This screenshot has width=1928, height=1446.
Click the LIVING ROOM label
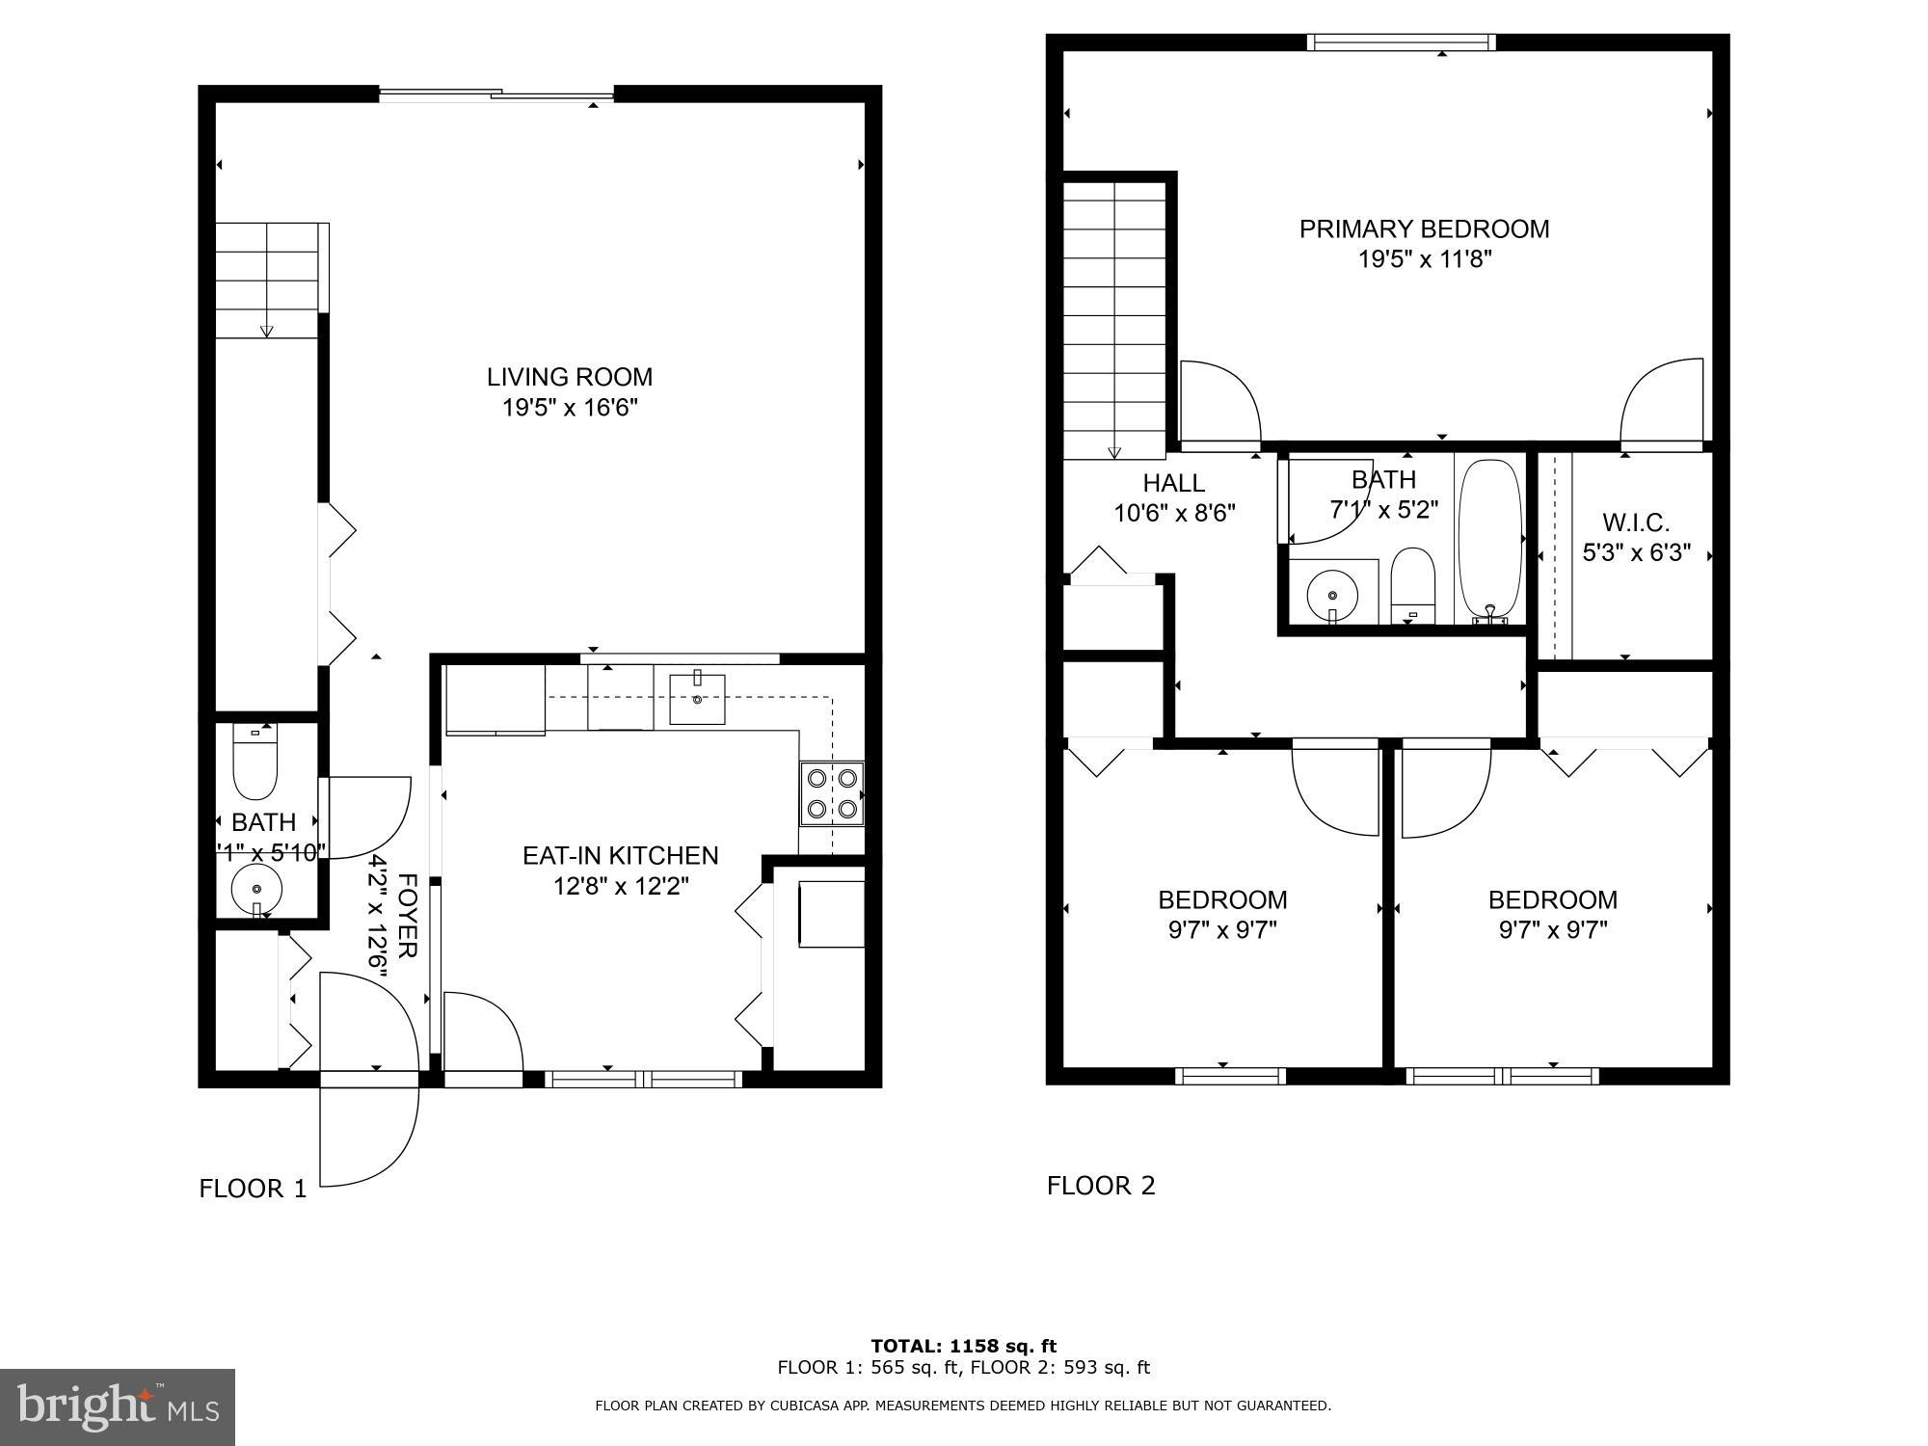click(x=569, y=377)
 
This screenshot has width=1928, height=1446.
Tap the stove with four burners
click(x=832, y=793)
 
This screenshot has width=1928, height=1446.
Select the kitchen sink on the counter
click(x=697, y=699)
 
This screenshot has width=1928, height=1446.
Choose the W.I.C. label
click(x=1636, y=522)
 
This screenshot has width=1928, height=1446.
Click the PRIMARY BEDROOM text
click(x=1424, y=229)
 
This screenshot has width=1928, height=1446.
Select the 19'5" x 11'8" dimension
click(x=1425, y=259)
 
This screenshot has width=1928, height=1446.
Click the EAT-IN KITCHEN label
click(x=620, y=855)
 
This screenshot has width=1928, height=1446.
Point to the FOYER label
click(x=408, y=916)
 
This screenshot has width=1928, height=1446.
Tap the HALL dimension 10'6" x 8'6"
click(x=1174, y=513)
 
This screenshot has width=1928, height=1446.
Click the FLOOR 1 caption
click(x=253, y=1189)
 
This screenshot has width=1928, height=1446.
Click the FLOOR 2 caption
click(x=1101, y=1186)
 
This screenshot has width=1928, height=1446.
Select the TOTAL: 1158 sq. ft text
click(x=963, y=1346)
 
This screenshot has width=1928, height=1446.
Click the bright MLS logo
click(x=117, y=1407)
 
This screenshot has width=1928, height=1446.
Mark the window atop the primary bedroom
click(x=1401, y=41)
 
